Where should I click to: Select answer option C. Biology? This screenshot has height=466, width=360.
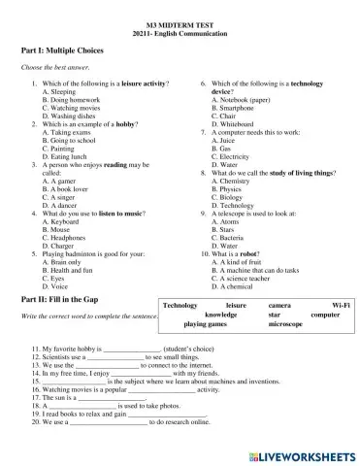tap(229, 193)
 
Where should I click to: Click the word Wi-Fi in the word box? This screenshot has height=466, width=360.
tap(341, 306)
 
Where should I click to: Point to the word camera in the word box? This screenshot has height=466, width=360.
tap(279, 306)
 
